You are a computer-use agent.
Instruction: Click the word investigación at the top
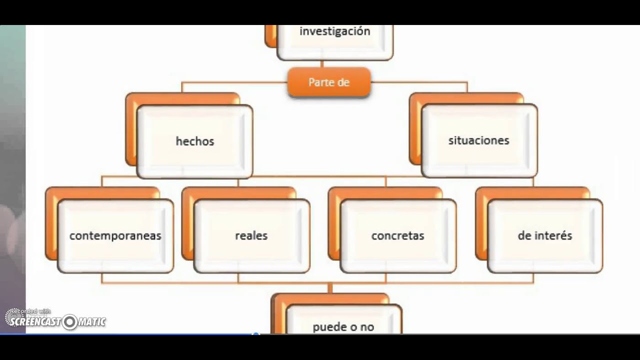click(334, 31)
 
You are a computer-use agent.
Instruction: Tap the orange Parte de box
click(328, 82)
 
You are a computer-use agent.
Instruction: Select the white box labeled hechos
click(194, 141)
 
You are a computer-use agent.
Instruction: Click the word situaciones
click(478, 140)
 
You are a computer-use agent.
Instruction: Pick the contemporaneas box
click(115, 235)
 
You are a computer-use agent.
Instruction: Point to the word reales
click(251, 235)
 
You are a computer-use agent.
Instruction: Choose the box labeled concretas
click(397, 235)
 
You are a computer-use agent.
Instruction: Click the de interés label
click(544, 235)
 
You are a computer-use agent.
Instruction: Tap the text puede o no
click(343, 327)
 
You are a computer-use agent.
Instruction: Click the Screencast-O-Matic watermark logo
click(55, 320)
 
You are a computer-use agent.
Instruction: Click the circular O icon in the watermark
click(69, 322)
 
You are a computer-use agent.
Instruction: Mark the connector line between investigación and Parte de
click(322, 64)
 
